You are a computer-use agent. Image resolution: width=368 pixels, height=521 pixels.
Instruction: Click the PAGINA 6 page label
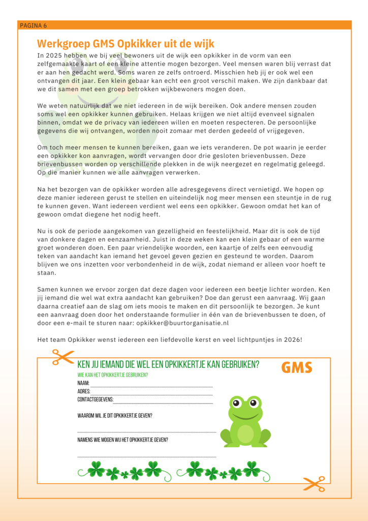click(x=34, y=25)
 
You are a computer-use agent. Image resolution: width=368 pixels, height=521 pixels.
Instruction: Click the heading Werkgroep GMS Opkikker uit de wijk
click(x=126, y=44)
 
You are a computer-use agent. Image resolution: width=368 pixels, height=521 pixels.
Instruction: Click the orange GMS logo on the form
click(x=297, y=367)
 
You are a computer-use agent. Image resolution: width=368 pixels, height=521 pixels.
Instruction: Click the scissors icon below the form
click(x=313, y=484)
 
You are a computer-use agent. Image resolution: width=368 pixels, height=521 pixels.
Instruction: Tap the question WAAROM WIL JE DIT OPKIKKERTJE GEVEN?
click(x=115, y=416)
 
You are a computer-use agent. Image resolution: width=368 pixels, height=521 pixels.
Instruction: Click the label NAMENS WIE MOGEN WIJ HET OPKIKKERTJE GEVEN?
click(x=122, y=440)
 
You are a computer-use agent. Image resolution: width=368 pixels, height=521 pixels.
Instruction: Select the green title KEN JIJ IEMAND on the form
click(x=168, y=365)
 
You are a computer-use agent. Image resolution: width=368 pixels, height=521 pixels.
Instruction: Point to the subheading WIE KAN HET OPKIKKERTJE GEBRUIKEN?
click(x=112, y=375)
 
